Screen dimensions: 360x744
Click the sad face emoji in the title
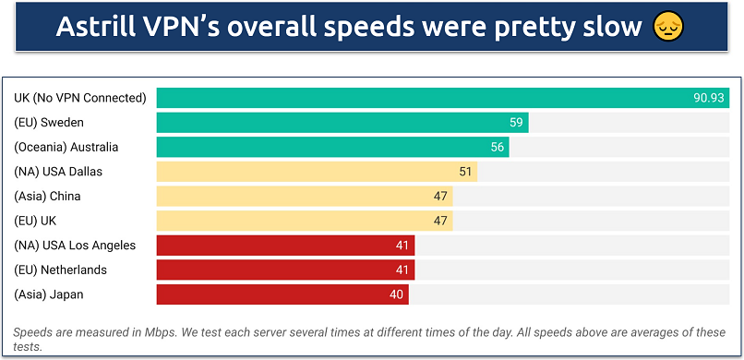pyautogui.click(x=667, y=27)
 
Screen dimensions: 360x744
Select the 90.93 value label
pyautogui.click(x=708, y=98)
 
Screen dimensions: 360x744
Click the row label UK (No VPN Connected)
pyautogui.click(x=80, y=98)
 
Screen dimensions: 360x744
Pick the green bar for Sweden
pyautogui.click(x=342, y=123)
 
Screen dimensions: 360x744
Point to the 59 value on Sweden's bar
pyautogui.click(x=517, y=123)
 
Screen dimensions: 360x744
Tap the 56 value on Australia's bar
pyautogui.click(x=498, y=147)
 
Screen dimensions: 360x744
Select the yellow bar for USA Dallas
pyautogui.click(x=314, y=172)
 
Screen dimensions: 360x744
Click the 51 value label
pyautogui.click(x=466, y=172)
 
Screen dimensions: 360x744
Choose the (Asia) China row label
pyautogui.click(x=48, y=196)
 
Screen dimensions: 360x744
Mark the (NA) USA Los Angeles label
pyautogui.click(x=75, y=245)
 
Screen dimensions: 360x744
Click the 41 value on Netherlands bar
pyautogui.click(x=403, y=270)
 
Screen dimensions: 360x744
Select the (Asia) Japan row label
pyautogui.click(x=48, y=294)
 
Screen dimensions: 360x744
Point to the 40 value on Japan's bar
pyautogui.click(x=397, y=294)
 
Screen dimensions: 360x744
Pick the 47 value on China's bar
pyautogui.click(x=440, y=196)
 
